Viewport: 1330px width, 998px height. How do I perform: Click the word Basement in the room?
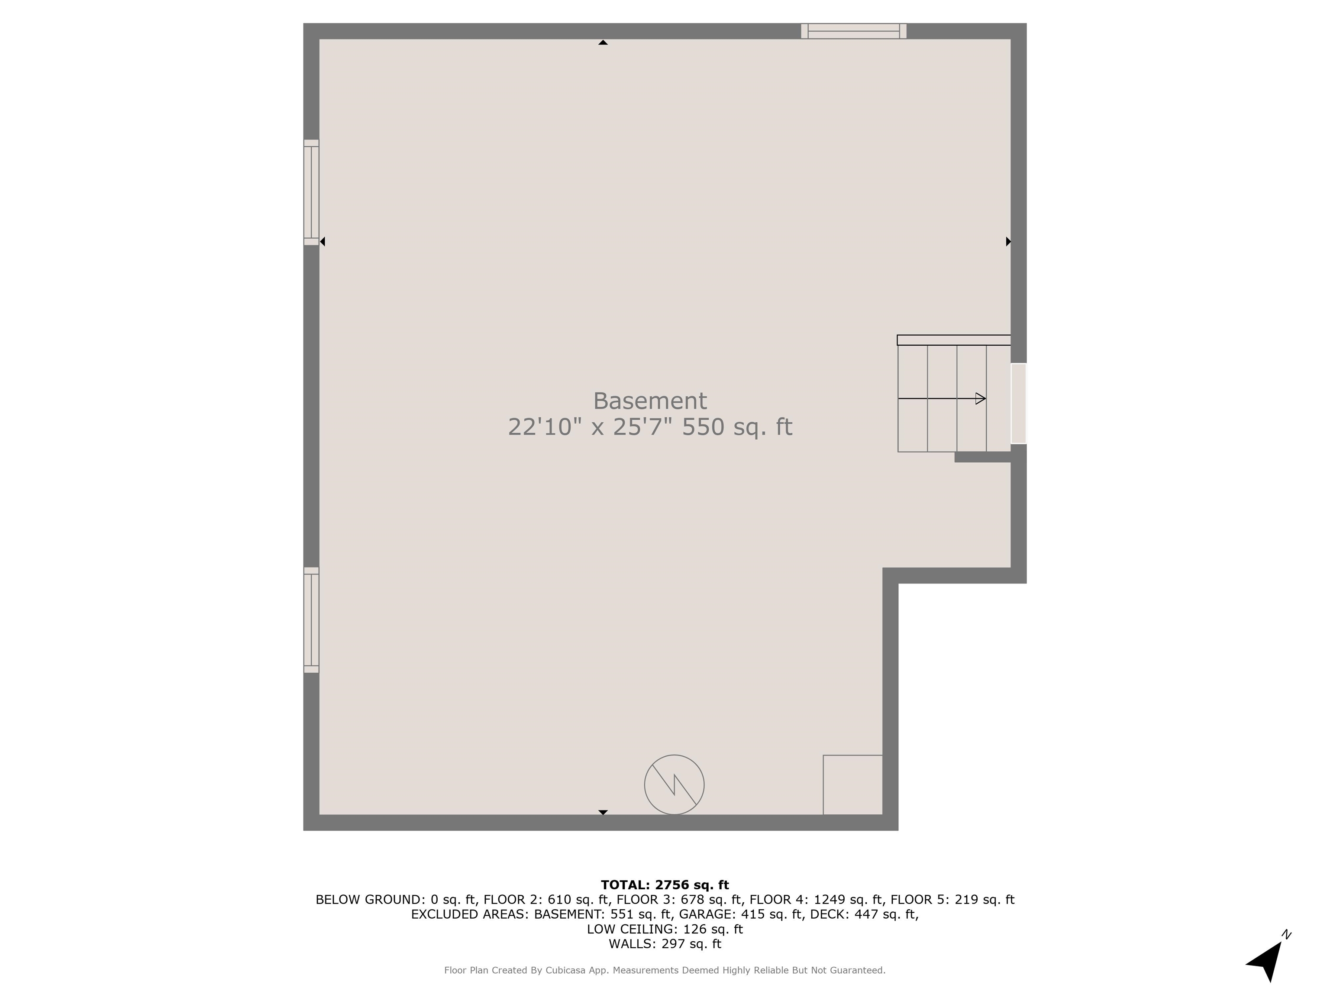click(649, 401)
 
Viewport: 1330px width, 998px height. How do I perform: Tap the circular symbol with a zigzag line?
click(674, 784)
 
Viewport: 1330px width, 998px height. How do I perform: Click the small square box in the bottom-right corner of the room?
click(852, 784)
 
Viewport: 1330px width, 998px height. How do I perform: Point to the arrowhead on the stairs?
click(981, 398)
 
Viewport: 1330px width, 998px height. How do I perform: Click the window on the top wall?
click(853, 31)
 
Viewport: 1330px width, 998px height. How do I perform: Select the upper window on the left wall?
click(311, 192)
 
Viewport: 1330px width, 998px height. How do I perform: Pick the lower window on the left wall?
click(311, 619)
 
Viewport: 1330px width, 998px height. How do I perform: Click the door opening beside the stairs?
click(1019, 403)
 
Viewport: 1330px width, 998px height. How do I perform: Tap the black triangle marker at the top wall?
click(603, 42)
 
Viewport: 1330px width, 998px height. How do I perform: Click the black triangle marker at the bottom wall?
click(603, 812)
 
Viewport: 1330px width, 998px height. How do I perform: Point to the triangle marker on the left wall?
click(322, 241)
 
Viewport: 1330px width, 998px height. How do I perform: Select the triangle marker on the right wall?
click(1008, 241)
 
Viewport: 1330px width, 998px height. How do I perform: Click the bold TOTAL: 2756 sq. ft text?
click(665, 885)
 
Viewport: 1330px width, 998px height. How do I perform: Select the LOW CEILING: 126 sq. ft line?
click(665, 929)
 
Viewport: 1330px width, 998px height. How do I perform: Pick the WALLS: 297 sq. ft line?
click(665, 943)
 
